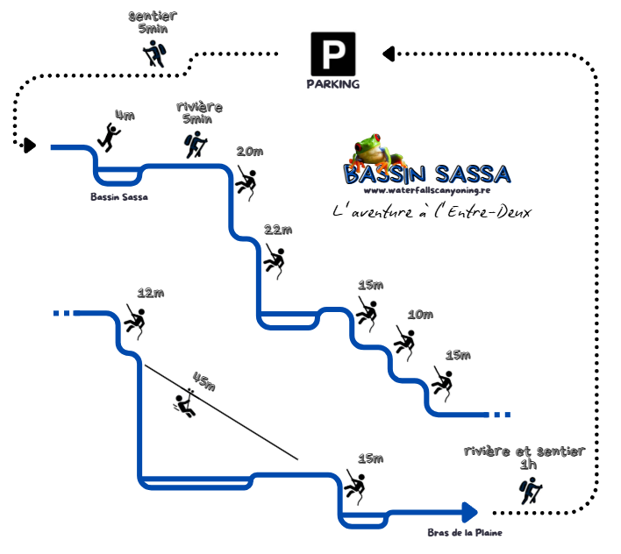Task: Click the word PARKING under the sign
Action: coord(333,85)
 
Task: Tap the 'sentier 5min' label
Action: coord(153,23)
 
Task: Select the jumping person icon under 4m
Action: coord(110,136)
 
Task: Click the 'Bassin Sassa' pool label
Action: coord(119,196)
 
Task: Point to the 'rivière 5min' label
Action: coord(198,112)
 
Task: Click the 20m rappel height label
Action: coord(249,152)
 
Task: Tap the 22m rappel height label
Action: coord(277,230)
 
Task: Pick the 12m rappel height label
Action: coord(151,293)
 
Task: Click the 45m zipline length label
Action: coord(203,381)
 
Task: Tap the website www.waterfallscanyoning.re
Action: coord(425,190)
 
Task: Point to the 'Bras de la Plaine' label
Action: coord(464,532)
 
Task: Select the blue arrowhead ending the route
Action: coord(469,511)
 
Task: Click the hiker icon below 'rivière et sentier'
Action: coord(530,492)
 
